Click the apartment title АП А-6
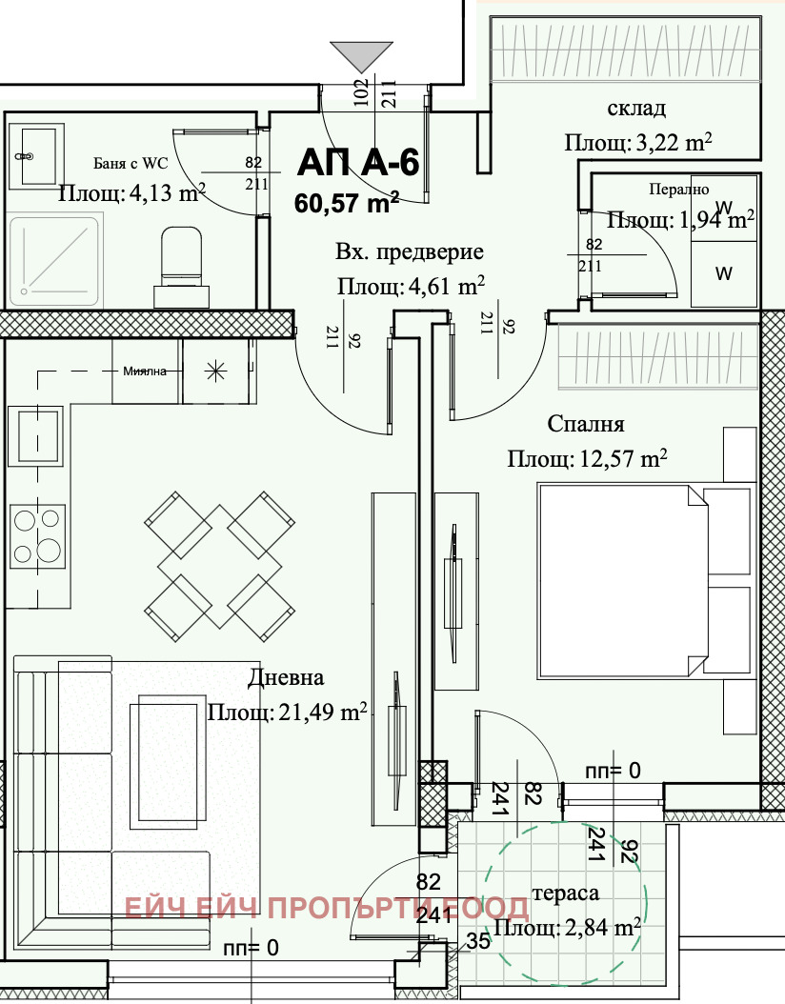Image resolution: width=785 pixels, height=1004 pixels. pyautogui.click(x=357, y=163)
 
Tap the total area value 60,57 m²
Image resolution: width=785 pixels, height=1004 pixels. pyautogui.click(x=346, y=202)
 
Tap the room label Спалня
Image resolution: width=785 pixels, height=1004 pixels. pyautogui.click(x=586, y=423)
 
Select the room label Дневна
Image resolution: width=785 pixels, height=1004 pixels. pyautogui.click(x=286, y=678)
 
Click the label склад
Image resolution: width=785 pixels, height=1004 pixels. pyautogui.click(x=636, y=107)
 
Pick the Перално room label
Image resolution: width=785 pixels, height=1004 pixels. pyautogui.click(x=678, y=190)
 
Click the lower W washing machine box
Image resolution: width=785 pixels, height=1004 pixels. pyautogui.click(x=723, y=273)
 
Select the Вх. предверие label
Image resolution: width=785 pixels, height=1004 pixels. pyautogui.click(x=410, y=252)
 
